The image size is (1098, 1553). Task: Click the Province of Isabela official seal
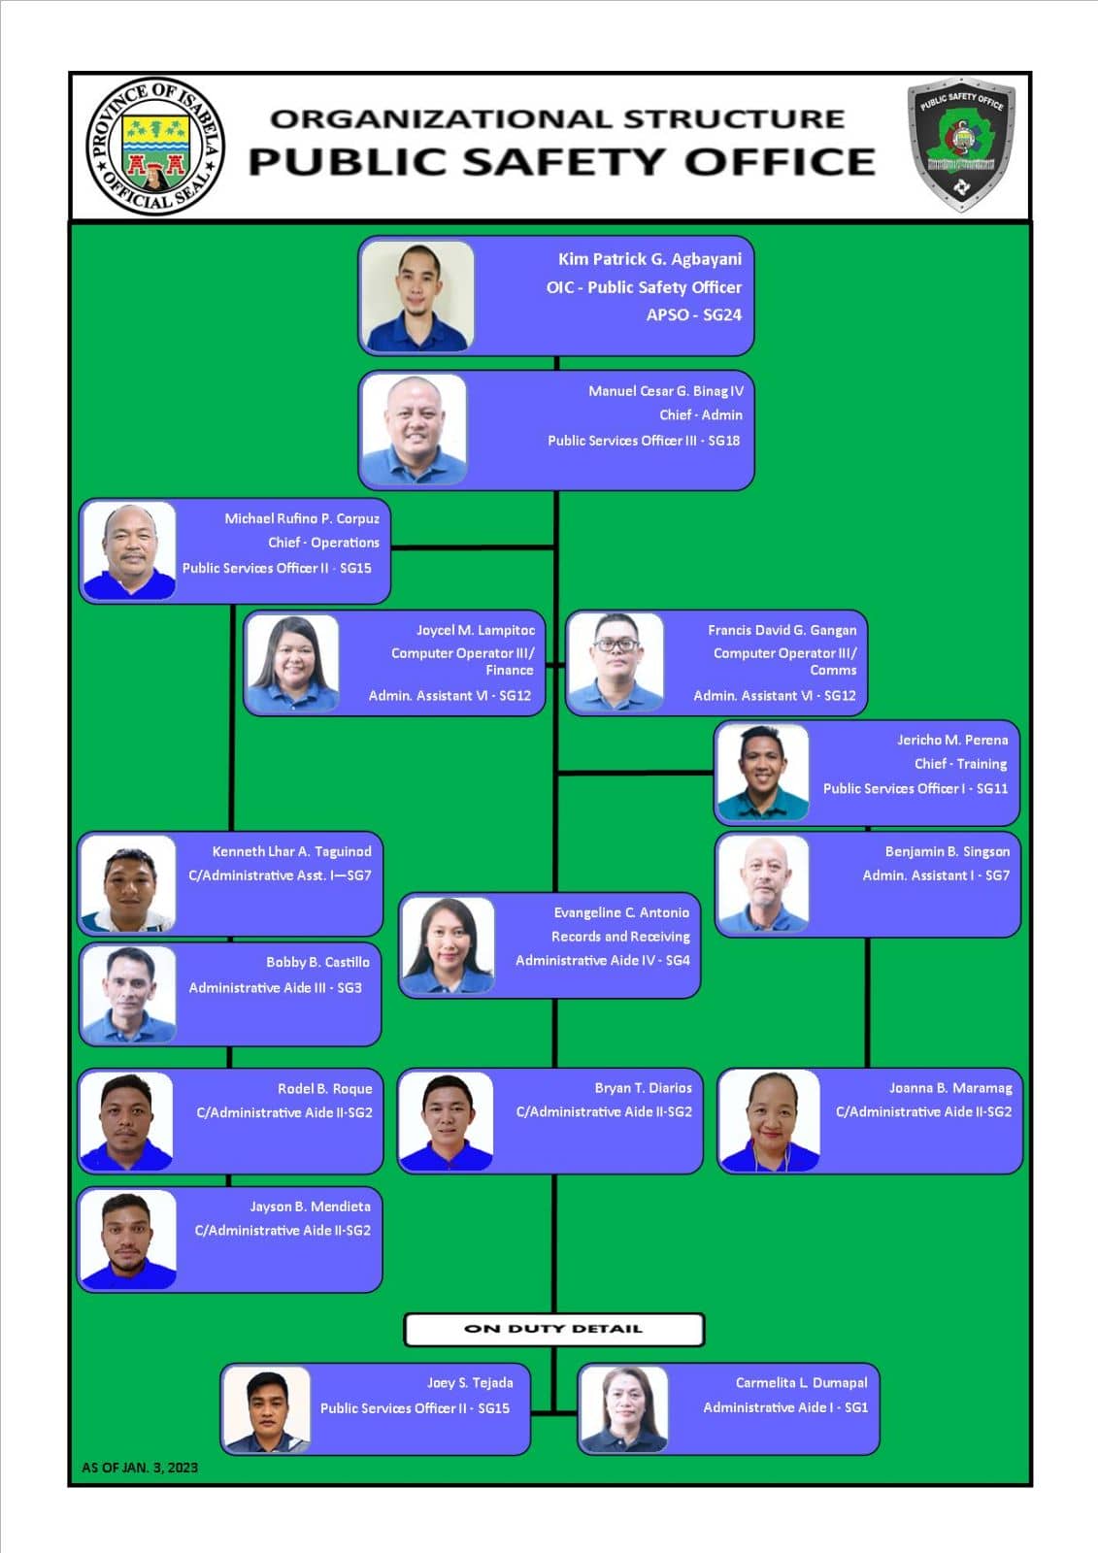pos(154,146)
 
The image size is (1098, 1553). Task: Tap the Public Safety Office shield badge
pos(961,145)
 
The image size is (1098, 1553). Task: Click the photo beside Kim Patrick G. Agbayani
pos(417,295)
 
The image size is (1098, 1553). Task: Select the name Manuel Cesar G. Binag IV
pos(666,391)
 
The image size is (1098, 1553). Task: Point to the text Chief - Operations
pos(324,543)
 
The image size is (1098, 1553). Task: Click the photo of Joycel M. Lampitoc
pos(293,663)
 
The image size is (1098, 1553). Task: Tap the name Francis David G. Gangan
pos(782,630)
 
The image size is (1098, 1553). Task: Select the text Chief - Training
pos(961,763)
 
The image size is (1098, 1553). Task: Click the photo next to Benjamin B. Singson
pos(764,883)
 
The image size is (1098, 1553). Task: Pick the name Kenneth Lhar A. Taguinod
pos(291,851)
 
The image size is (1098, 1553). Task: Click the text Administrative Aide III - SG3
pos(276,987)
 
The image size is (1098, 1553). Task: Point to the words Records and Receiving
pos(620,937)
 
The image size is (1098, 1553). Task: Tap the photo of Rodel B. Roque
pos(127,1122)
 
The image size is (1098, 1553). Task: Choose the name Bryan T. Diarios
pos(643,1088)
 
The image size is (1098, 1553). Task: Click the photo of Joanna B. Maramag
pos(770,1121)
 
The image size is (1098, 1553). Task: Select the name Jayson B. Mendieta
pos(310,1206)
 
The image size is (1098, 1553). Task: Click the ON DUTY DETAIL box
pos(554,1329)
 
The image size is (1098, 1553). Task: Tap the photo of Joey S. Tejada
pos(267,1409)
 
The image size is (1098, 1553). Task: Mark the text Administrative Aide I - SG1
pos(785,1407)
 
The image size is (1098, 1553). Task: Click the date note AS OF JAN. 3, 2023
pos(140,1467)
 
